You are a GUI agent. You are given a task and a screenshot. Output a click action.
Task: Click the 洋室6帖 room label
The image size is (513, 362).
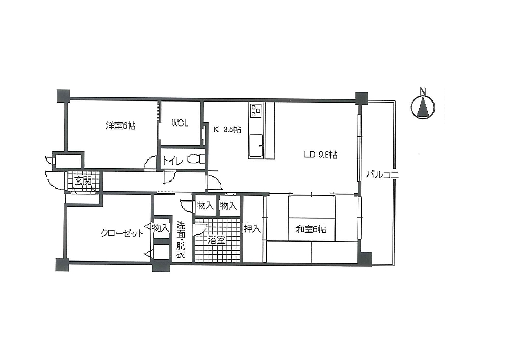tap(121, 125)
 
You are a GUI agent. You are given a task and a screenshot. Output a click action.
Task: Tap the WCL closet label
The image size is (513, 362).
tap(180, 123)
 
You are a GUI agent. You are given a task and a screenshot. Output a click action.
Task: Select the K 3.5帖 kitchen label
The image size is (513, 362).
tap(227, 130)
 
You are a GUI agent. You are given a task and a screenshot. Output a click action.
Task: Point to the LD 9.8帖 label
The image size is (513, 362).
tap(321, 155)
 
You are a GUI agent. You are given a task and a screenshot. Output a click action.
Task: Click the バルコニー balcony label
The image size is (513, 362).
tap(382, 175)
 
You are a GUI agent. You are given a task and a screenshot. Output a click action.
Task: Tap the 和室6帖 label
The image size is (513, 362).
tap(311, 229)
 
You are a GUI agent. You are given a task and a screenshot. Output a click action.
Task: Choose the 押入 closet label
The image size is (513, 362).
tap(252, 229)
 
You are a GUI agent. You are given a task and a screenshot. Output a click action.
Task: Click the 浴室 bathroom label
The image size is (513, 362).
tap(216, 240)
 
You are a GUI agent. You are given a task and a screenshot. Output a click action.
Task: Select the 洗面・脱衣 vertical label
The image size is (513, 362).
tap(181, 240)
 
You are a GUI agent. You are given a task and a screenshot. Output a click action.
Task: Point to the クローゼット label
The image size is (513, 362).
tap(122, 233)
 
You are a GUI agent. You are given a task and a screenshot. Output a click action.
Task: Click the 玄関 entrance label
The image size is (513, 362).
tap(83, 180)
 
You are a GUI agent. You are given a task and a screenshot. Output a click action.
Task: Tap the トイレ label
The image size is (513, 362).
tap(172, 160)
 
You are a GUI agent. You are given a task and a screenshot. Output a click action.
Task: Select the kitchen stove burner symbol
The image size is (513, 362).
tap(256, 110)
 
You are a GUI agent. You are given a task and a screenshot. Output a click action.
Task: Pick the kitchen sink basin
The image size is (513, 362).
tap(256, 146)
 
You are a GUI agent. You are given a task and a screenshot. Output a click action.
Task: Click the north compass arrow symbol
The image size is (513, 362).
tap(423, 107)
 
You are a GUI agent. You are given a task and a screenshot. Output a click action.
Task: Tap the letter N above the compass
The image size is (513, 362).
tap(423, 91)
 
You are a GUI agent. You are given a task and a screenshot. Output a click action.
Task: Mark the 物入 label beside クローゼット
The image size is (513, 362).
tap(161, 228)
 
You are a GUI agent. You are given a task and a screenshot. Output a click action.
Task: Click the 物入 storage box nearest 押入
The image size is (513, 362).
tap(228, 206)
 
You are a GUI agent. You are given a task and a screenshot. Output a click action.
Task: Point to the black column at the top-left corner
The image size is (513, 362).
tap(63, 95)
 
